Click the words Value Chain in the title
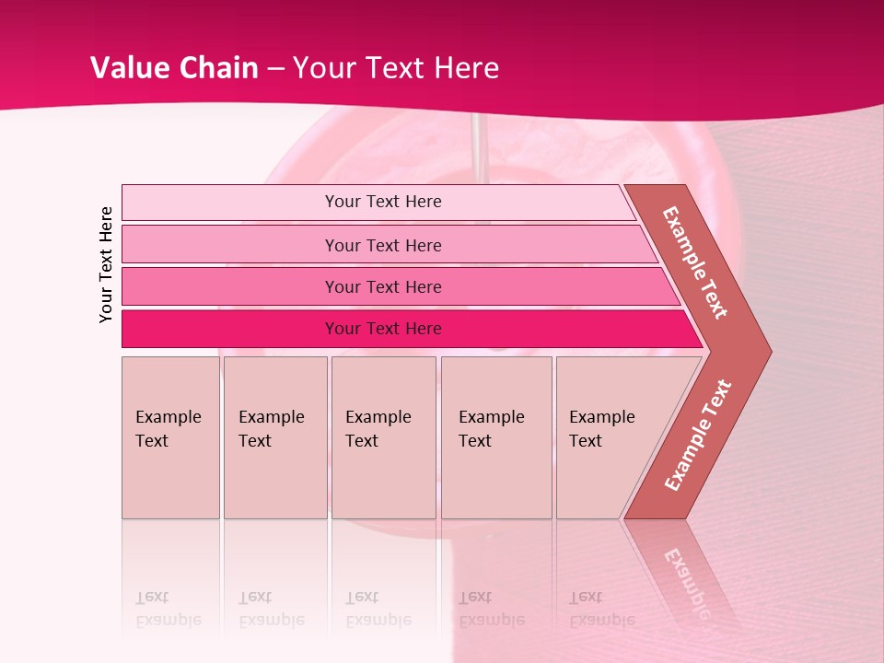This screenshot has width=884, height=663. pyautogui.click(x=174, y=68)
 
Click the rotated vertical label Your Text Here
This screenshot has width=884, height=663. pyautogui.click(x=106, y=264)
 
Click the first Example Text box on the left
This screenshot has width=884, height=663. pyautogui.click(x=170, y=437)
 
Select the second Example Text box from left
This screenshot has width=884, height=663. pyautogui.click(x=275, y=437)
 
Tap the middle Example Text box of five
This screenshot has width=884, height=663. pyautogui.click(x=383, y=437)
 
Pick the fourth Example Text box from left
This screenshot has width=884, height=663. pyautogui.click(x=496, y=437)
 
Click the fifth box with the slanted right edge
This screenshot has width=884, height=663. pyautogui.click(x=608, y=437)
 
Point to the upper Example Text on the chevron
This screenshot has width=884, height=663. pyautogui.click(x=695, y=262)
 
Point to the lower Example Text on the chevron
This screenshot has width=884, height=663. pyautogui.click(x=698, y=435)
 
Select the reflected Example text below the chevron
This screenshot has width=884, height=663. pyautogui.click(x=686, y=576)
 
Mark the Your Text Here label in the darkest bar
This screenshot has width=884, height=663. pyautogui.click(x=383, y=329)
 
